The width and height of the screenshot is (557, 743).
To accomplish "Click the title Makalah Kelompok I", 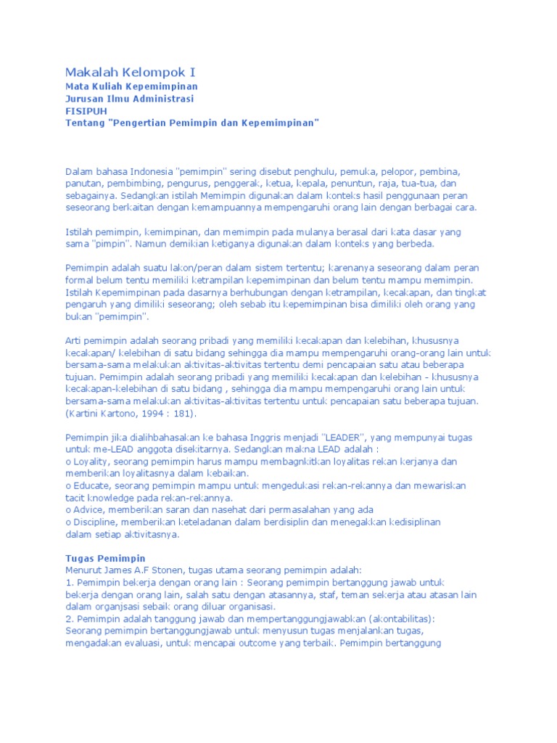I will tap(131, 73).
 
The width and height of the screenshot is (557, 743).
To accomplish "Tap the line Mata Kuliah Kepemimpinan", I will tap(131, 86).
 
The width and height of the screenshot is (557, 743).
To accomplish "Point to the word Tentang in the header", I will tap(85, 123).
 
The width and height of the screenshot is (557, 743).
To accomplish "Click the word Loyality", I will tap(94, 461).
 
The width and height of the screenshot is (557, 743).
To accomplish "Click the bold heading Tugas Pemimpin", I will tap(105, 558).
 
